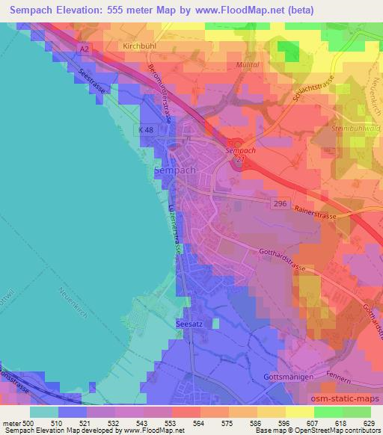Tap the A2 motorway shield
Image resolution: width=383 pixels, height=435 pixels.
(x=86, y=49)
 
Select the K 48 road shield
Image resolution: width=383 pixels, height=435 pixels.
(x=146, y=129)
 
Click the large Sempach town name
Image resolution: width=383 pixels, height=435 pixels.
(x=174, y=170)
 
